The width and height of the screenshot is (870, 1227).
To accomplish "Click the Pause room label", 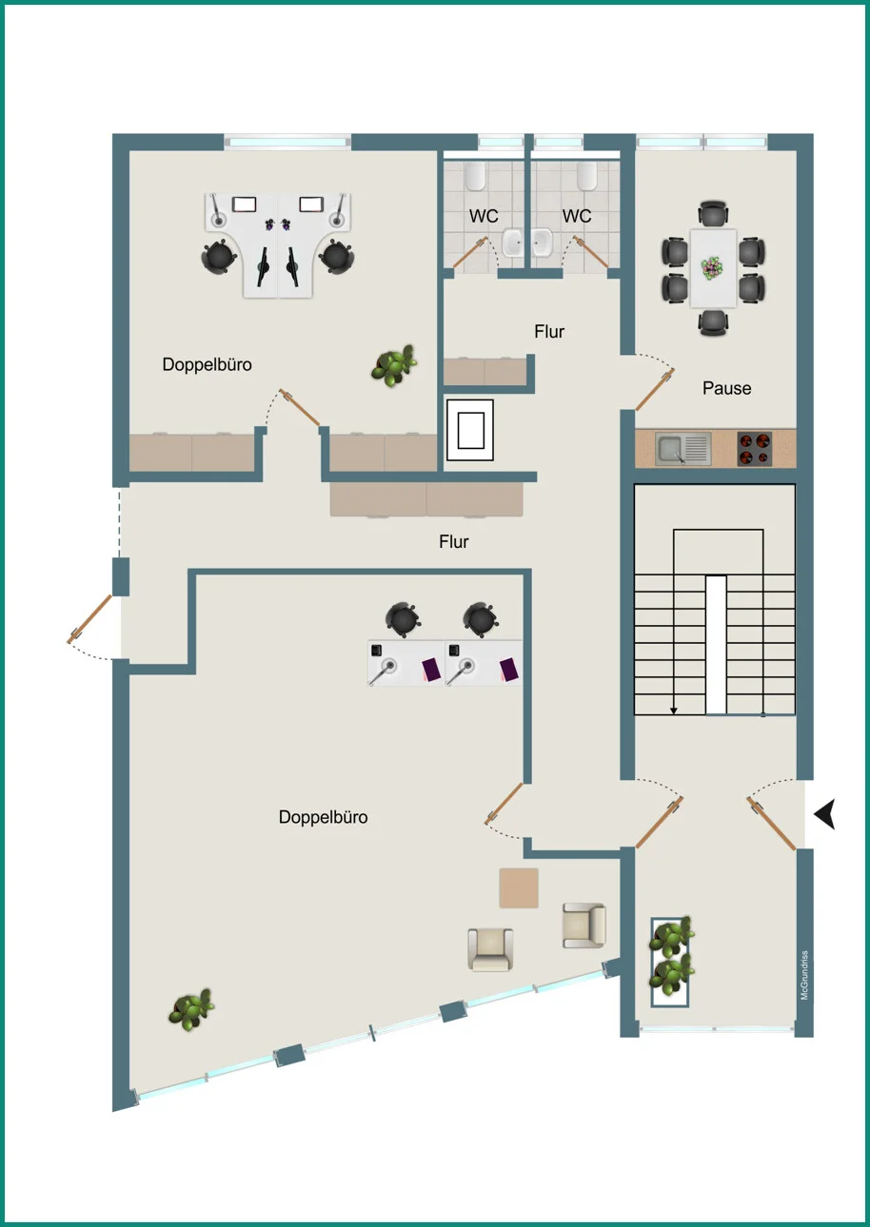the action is [726, 388].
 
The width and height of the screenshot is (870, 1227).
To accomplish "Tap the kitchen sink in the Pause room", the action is [683, 449].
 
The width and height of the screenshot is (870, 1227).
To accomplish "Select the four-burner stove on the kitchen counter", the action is [754, 449].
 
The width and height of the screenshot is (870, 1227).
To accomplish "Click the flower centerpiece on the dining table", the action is [712, 268].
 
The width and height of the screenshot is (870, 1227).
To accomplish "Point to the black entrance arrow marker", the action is [826, 813].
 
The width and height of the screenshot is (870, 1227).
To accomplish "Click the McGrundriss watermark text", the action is [804, 975].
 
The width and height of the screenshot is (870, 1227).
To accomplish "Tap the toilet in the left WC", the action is [475, 175].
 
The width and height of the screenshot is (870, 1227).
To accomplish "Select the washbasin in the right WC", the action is [542, 243].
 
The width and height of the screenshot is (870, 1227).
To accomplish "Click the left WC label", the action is [484, 216].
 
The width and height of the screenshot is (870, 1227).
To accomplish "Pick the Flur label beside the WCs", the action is [549, 331].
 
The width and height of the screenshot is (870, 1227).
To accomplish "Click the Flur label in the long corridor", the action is [454, 542].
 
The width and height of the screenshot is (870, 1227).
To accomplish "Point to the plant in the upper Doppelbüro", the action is [394, 365].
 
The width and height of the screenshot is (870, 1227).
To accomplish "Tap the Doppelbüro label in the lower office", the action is [323, 817].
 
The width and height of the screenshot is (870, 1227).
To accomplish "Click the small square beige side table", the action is [519, 888].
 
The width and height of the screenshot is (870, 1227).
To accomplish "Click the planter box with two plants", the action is [670, 962].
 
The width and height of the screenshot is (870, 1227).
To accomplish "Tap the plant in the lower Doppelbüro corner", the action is [191, 1009].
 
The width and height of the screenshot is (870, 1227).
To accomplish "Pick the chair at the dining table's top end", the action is [713, 214].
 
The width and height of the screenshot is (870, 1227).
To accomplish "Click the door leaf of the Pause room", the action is [655, 389].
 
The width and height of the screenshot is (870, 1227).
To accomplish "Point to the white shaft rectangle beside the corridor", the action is [470, 430].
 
